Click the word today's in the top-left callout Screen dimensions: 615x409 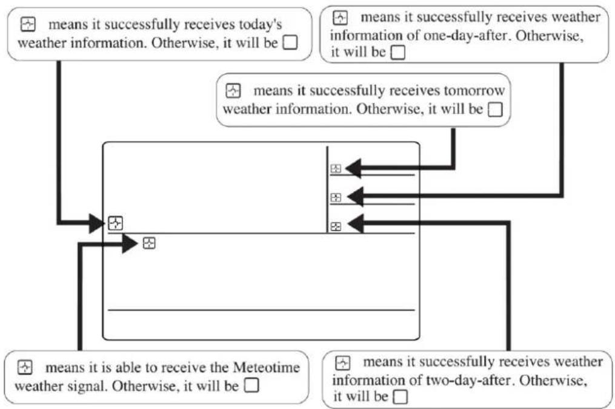tap(261, 25)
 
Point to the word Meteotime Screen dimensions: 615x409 tap(267, 367)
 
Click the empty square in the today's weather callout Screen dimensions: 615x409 tap(290, 42)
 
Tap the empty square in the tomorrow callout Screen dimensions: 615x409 tap(495, 110)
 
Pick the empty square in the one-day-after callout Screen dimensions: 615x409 tap(398, 53)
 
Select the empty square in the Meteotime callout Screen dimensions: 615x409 tap(251, 385)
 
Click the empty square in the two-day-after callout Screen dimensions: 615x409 tap(401, 397)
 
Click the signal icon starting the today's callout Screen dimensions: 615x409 tap(28, 24)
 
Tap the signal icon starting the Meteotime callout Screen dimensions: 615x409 tap(25, 367)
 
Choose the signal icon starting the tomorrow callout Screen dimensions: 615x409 tap(233, 91)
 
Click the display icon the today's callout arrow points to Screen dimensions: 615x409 tap(115, 223)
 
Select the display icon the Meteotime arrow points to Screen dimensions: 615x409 tap(149, 243)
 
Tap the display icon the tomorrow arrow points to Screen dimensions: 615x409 tap(336, 168)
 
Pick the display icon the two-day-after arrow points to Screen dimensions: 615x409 tap(336, 226)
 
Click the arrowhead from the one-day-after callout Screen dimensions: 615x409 tap(355, 196)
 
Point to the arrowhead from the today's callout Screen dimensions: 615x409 tap(97, 223)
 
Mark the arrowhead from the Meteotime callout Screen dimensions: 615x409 tap(130, 244)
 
